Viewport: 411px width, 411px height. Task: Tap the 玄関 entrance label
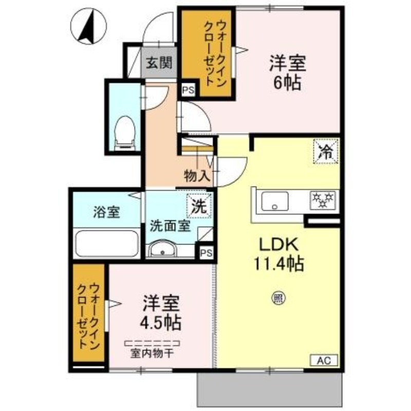159,64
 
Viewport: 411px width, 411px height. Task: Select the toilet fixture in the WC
124,133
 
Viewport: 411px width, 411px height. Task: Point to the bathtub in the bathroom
106,243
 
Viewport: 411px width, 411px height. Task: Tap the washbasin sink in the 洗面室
163,250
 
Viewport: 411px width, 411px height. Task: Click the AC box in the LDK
324,360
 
